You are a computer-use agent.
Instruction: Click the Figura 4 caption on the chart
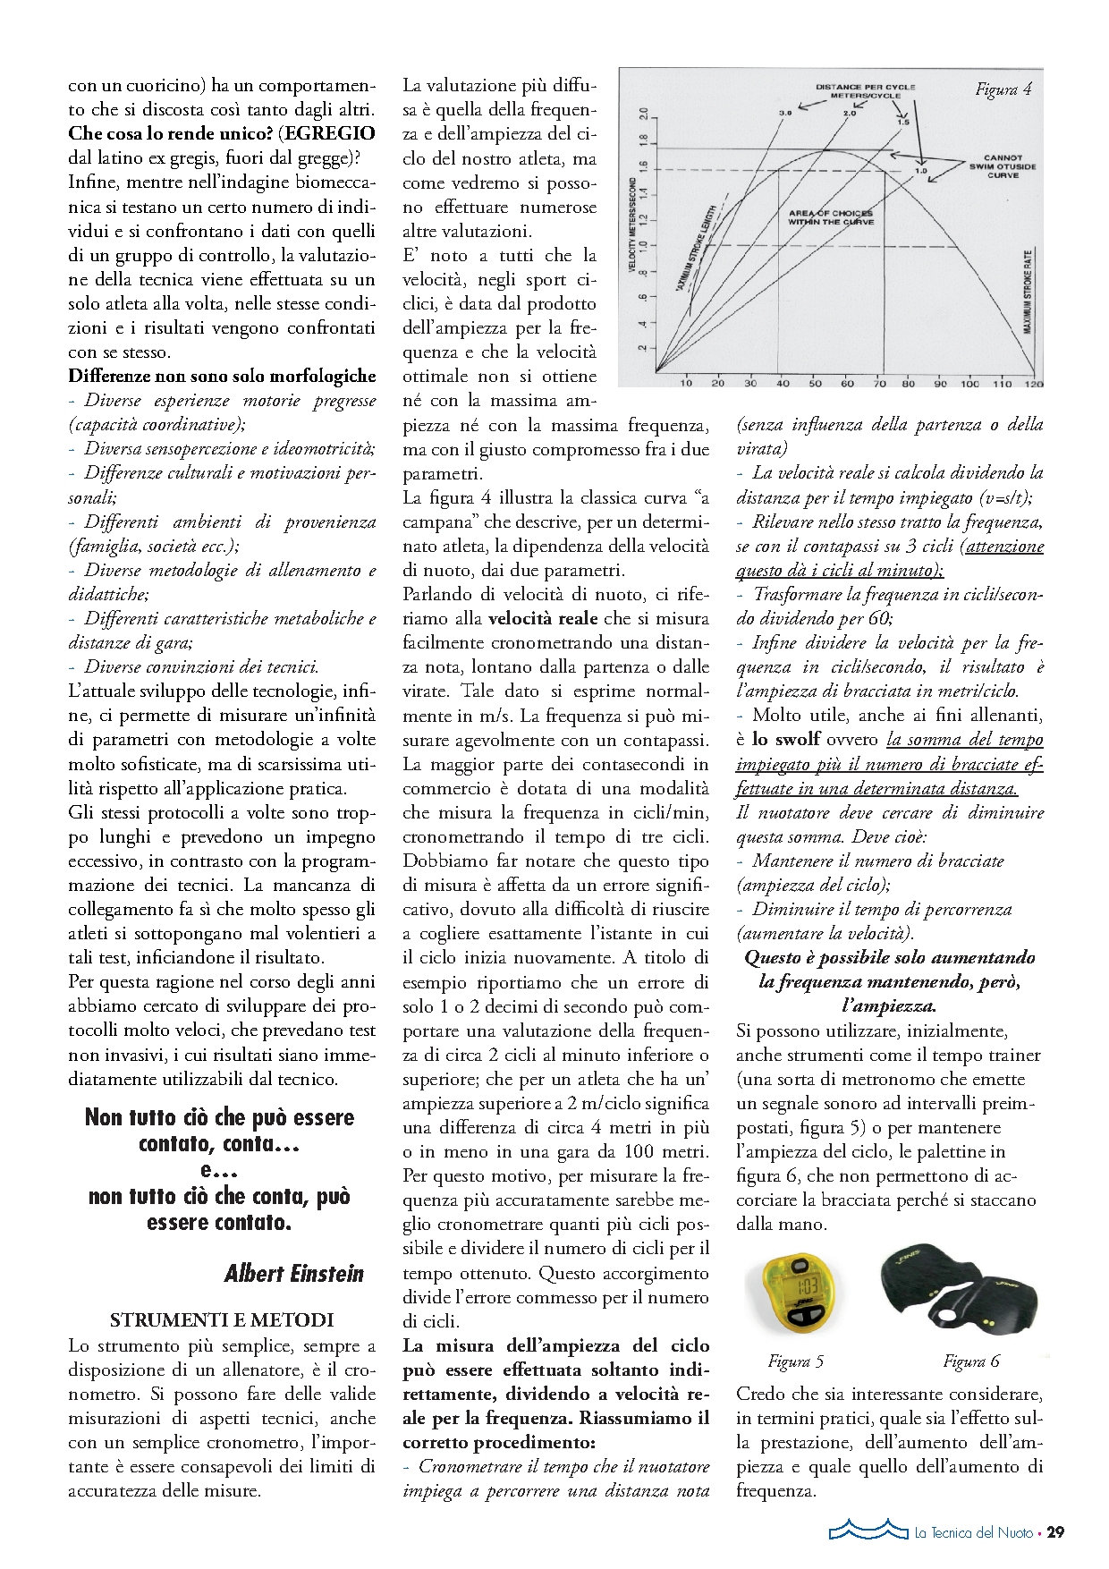click(1003, 89)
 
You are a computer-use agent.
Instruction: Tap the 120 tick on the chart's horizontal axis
click(1033, 384)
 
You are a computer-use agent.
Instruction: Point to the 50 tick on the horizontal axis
click(815, 384)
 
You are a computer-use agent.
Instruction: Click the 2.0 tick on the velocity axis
click(641, 114)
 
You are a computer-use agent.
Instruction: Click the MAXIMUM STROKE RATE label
click(1028, 291)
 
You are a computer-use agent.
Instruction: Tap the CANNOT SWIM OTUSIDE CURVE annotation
click(1003, 166)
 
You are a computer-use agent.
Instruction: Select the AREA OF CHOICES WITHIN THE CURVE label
click(831, 217)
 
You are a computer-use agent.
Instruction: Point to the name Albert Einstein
click(294, 1273)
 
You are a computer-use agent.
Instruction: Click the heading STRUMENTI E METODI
click(222, 1320)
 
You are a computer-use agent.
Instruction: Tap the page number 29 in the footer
click(1055, 1532)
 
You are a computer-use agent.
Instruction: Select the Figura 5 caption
click(795, 1361)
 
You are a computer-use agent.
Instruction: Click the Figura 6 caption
click(970, 1361)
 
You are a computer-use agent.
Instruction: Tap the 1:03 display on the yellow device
click(807, 1285)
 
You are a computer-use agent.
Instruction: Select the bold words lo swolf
click(785, 740)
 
